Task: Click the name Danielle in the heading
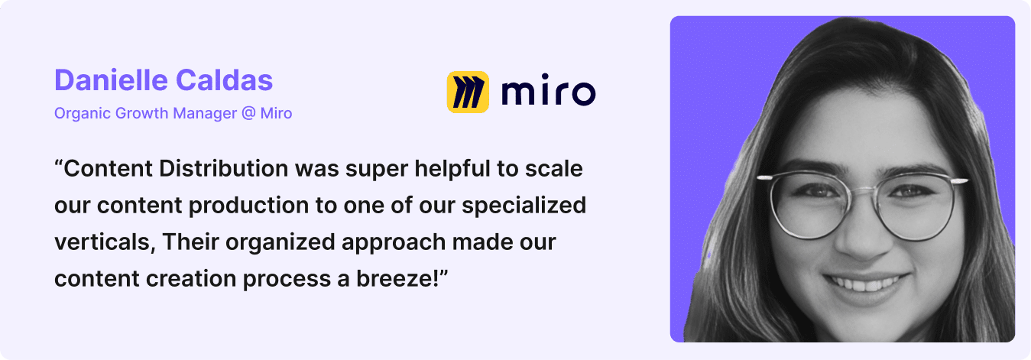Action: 111,80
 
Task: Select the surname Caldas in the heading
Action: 225,80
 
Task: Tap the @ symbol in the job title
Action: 248,113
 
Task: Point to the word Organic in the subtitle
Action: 83,113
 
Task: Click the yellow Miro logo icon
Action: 468,92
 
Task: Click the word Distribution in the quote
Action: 224,168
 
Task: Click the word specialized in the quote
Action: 524,206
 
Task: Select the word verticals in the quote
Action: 105,242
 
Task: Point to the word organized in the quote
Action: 280,242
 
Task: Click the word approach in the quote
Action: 394,242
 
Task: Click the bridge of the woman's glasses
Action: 863,189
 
